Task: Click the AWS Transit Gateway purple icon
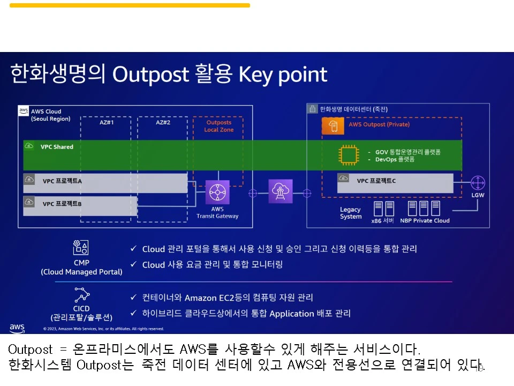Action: pyautogui.click(x=217, y=192)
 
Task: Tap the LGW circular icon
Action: pyautogui.click(x=478, y=183)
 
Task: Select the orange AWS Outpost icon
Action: pyautogui.click(x=333, y=126)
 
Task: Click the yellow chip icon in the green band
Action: pyautogui.click(x=349, y=155)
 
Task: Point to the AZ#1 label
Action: pyautogui.click(x=107, y=122)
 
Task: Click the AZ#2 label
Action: pyautogui.click(x=163, y=122)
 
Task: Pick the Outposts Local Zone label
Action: pyautogui.click(x=218, y=126)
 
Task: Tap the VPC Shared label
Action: pyautogui.click(x=57, y=147)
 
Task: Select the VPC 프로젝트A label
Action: pyautogui.click(x=62, y=181)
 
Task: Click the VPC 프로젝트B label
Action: pyautogui.click(x=62, y=204)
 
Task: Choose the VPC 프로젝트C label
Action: pyautogui.click(x=376, y=181)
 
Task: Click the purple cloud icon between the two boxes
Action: pyautogui.click(x=280, y=191)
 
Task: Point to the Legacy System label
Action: pyautogui.click(x=351, y=213)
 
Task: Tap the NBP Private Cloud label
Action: pyautogui.click(x=425, y=220)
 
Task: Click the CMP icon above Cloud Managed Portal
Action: pyautogui.click(x=81, y=248)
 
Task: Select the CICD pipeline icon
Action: pyautogui.click(x=82, y=295)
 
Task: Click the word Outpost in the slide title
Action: pyautogui.click(x=151, y=74)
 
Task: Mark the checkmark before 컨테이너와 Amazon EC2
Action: pyautogui.click(x=133, y=297)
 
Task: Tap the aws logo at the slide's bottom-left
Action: pyautogui.click(x=17, y=328)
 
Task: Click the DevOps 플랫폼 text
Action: pyautogui.click(x=395, y=160)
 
